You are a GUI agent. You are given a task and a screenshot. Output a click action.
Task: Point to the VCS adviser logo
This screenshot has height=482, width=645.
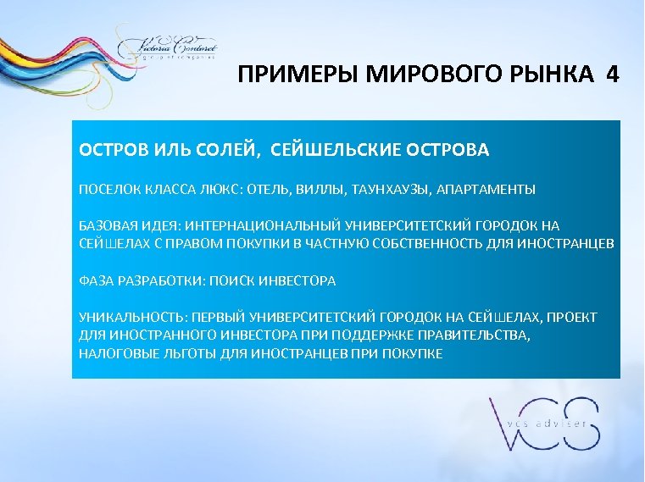tap(543, 424)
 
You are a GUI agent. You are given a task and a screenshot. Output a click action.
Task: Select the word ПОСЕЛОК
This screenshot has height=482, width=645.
tap(108, 189)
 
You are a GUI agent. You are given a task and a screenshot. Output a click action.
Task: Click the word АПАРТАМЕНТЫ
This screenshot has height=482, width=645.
tap(487, 189)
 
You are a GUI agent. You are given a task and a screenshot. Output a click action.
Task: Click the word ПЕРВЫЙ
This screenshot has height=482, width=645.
tap(223, 318)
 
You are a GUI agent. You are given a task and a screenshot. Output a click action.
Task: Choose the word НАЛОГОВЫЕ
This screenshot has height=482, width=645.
tap(114, 353)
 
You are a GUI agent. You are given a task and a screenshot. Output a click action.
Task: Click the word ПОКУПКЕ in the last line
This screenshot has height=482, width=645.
tap(414, 353)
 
